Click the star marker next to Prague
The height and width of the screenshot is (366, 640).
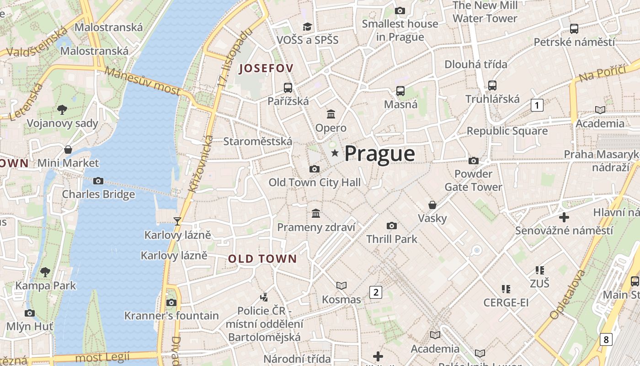click(x=335, y=153)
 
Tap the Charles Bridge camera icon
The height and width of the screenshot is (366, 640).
click(x=98, y=181)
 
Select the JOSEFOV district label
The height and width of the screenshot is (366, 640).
click(x=266, y=69)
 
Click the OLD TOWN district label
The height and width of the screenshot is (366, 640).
click(x=262, y=259)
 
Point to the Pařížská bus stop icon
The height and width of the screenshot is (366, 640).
click(x=288, y=87)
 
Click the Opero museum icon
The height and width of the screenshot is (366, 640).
click(x=331, y=114)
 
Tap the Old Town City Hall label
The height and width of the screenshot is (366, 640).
click(x=315, y=183)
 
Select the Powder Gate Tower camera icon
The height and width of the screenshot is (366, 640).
click(x=474, y=161)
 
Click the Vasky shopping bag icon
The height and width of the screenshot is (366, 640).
click(x=432, y=205)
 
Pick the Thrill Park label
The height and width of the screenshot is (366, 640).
click(x=392, y=239)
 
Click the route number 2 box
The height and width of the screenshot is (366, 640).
click(x=375, y=292)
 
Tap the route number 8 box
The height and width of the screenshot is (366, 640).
click(x=606, y=339)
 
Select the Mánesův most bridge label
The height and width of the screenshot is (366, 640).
click(x=142, y=81)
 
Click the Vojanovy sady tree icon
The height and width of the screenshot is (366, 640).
click(x=62, y=110)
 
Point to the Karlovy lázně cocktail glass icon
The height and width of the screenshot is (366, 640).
click(x=177, y=221)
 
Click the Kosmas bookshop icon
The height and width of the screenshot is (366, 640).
click(x=341, y=286)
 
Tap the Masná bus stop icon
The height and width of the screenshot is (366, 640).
click(x=400, y=91)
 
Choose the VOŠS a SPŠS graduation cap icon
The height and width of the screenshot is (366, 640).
click(x=307, y=27)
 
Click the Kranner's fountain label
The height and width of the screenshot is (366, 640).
click(x=171, y=316)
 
